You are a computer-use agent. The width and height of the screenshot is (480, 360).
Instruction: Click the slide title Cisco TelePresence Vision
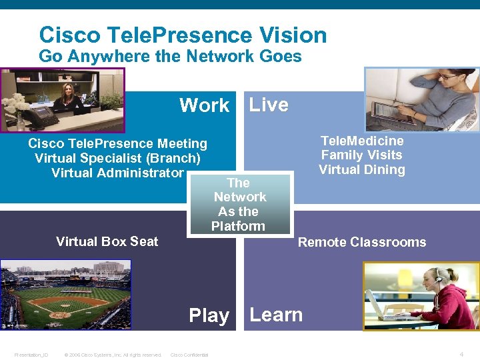(x=183, y=35)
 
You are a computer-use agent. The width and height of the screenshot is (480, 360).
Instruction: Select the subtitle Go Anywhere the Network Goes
(x=170, y=57)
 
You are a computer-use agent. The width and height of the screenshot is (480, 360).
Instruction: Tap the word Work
(x=204, y=105)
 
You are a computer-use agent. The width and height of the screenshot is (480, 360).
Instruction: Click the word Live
(x=269, y=105)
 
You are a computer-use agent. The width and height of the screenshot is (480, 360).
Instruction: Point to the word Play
(x=209, y=315)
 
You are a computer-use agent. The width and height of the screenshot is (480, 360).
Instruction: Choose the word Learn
(x=276, y=315)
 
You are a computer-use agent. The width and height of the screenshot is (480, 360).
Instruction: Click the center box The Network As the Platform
(x=239, y=204)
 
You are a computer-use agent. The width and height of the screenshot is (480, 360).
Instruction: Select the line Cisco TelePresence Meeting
(x=117, y=143)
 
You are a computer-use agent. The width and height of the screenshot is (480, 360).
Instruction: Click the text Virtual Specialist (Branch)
(x=117, y=158)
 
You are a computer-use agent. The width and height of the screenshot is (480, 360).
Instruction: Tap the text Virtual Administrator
(x=117, y=173)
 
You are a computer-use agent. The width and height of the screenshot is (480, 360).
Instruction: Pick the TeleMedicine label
(x=362, y=141)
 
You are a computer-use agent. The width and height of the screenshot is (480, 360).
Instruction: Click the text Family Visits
(x=362, y=155)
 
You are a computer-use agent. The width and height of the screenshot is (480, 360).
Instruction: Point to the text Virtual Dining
(x=362, y=169)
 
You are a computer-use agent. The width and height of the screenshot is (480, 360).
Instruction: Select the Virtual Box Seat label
(x=107, y=241)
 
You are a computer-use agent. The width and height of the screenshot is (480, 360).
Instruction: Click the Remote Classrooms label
(x=362, y=242)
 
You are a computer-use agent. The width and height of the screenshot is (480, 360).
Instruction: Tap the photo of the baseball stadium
(x=65, y=294)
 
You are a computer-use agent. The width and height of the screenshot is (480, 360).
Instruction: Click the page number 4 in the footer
(x=461, y=354)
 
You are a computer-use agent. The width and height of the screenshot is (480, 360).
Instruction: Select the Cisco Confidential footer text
(x=189, y=355)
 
